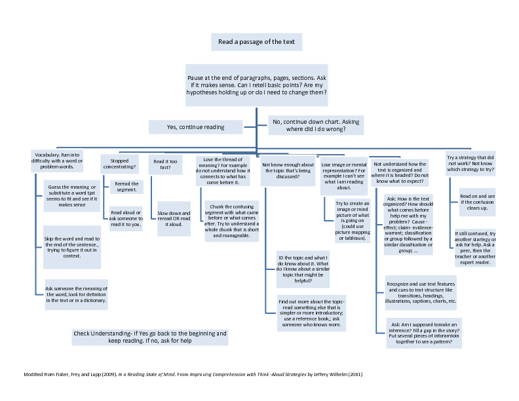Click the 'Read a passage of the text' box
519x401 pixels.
256,42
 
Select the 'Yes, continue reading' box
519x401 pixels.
196,127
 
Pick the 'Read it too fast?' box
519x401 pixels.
166,164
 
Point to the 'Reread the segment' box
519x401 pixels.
126,187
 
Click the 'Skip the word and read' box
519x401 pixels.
72,246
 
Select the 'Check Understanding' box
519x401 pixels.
150,337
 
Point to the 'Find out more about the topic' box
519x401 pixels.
311,313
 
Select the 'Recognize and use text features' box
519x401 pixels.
419,292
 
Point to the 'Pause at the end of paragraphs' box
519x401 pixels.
256,85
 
